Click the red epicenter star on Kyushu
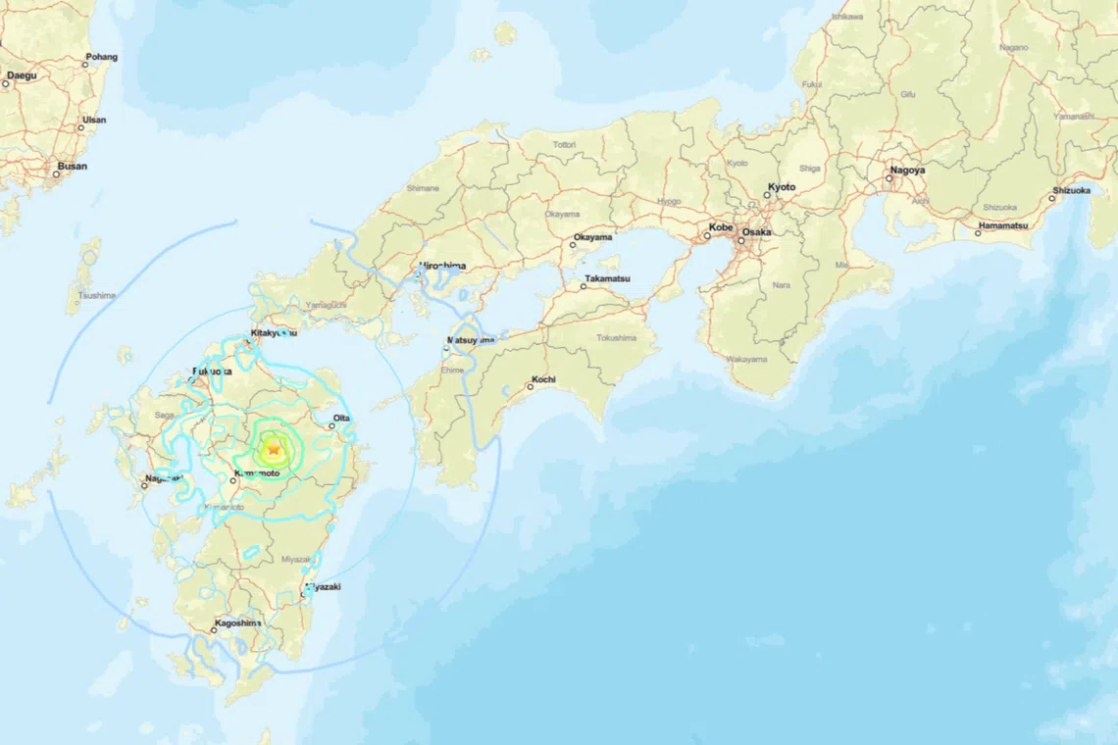coord(274,450)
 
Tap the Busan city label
coord(72,167)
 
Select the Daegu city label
coord(22,75)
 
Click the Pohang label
coord(102,57)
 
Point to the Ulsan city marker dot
coord(81,128)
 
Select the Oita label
coord(341,419)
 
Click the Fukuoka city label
coord(213,372)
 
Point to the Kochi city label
coord(543,379)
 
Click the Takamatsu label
coord(607,279)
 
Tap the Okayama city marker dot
coord(574,246)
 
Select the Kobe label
coord(721,227)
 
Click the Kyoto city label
coord(782,187)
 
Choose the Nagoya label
coord(906,171)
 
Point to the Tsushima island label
coord(97,295)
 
